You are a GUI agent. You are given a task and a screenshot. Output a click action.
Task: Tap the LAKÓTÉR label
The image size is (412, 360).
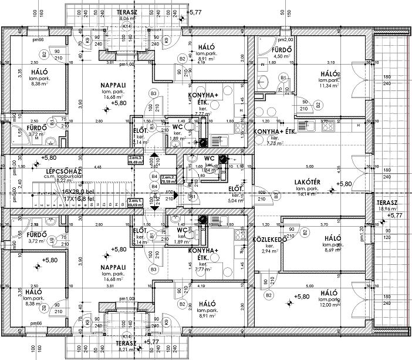(306, 182)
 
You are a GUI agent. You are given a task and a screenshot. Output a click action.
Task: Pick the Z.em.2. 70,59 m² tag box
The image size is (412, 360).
(168, 180)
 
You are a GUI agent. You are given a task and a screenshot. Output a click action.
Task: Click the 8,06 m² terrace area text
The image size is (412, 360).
(126, 19)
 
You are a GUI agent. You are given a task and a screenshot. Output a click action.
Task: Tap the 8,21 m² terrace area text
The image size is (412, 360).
(126, 348)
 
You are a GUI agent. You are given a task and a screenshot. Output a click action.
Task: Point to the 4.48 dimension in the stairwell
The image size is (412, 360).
(98, 167)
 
